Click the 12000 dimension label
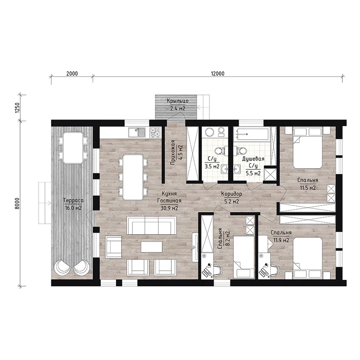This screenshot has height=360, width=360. (217, 74)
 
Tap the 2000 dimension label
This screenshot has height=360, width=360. (72, 74)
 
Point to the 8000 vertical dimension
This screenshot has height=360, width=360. (18, 203)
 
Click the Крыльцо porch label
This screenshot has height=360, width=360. (178, 101)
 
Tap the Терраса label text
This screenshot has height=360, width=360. (73, 200)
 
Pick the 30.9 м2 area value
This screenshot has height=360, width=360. (169, 208)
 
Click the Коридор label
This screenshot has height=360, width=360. (232, 194)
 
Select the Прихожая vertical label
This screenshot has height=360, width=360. (173, 153)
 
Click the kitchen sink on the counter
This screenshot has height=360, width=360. (137, 132)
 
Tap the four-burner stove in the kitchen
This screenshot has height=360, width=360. (155, 132)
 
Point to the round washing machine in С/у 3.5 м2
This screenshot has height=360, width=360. (210, 132)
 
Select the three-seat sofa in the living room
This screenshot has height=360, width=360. (152, 226)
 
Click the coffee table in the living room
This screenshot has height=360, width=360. (152, 247)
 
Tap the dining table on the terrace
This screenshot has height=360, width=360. (73, 147)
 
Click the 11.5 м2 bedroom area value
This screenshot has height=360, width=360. (308, 188)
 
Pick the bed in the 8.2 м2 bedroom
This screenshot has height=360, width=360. (244, 257)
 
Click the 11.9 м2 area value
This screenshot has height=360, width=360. (281, 240)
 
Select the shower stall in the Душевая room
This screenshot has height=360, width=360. (270, 175)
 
